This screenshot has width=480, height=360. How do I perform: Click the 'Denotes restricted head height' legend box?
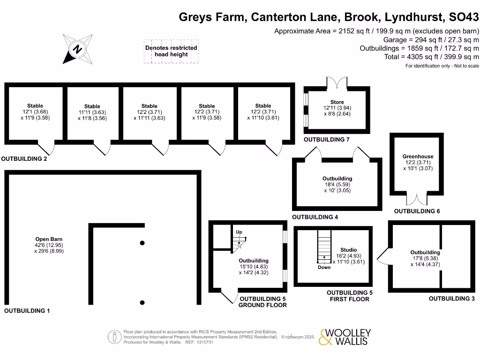click(x=171, y=51)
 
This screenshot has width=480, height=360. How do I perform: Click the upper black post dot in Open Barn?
click(x=142, y=243)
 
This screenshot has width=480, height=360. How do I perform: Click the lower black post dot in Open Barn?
click(x=142, y=302)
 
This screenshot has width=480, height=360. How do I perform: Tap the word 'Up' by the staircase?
click(x=239, y=232)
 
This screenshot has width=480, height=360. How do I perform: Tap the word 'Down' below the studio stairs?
click(x=324, y=268)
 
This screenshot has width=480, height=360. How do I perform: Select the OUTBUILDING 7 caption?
click(x=327, y=140)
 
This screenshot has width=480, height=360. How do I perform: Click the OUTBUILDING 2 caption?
click(x=24, y=159)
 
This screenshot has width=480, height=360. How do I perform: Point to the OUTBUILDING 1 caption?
click(x=27, y=311)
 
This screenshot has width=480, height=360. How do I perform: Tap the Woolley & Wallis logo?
click(x=345, y=337)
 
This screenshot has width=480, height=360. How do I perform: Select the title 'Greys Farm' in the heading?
click(x=213, y=18)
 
